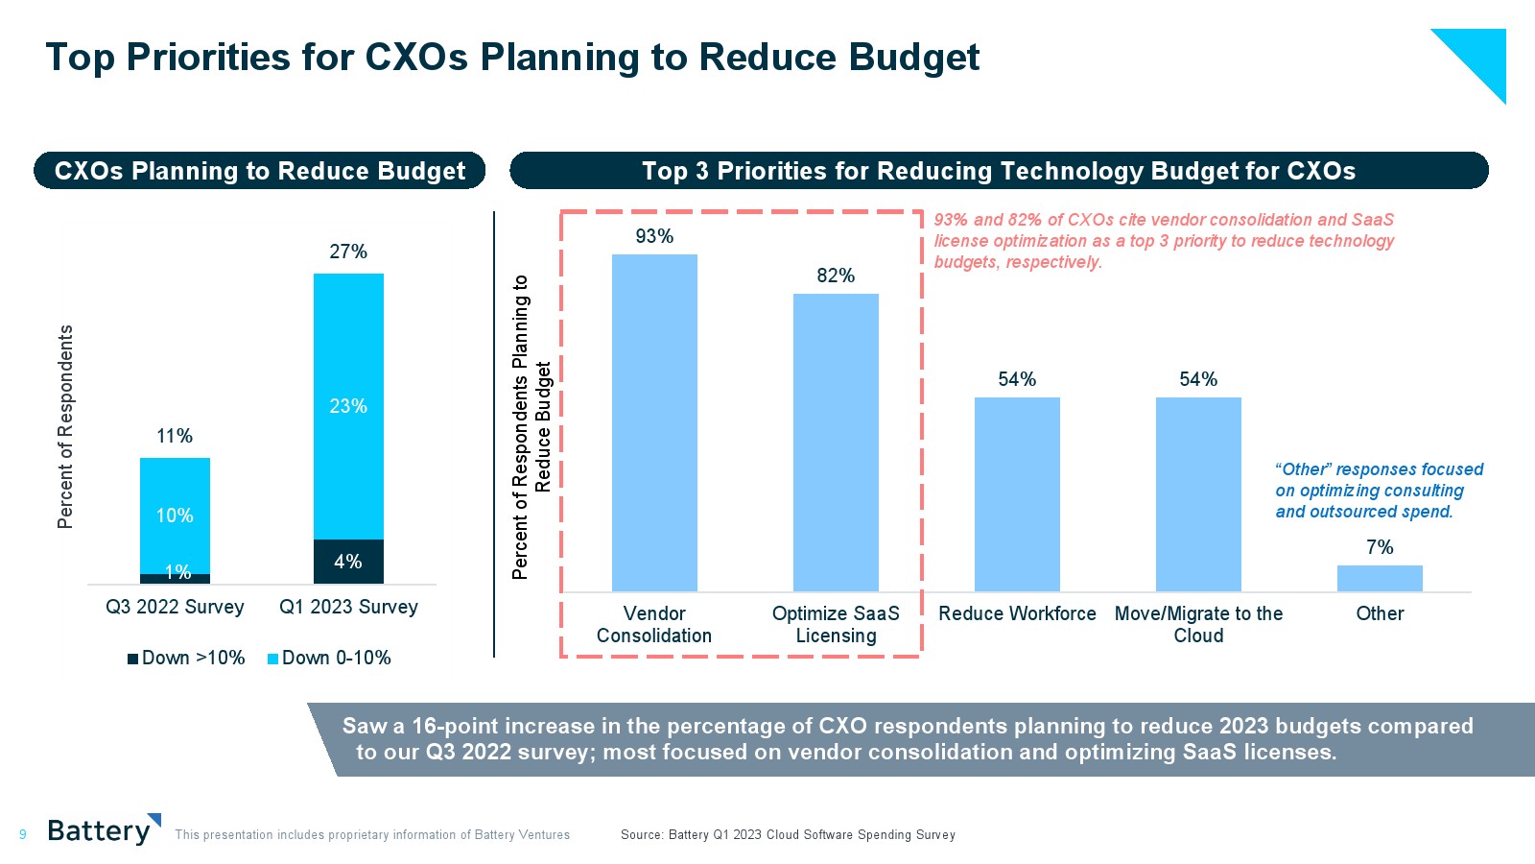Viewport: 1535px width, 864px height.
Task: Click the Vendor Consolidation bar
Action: tap(654, 422)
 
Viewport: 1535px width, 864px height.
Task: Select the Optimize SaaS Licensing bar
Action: tap(836, 442)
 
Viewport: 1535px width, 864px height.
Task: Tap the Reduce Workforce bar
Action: tap(1017, 493)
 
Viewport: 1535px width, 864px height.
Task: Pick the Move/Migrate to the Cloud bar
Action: tap(1198, 493)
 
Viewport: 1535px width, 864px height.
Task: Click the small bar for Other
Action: tap(1380, 578)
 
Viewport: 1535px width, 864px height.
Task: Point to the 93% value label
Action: tap(654, 236)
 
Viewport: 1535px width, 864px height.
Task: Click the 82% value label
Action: tap(836, 276)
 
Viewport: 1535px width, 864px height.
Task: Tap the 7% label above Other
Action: tap(1380, 547)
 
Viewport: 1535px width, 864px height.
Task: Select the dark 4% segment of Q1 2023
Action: tap(348, 562)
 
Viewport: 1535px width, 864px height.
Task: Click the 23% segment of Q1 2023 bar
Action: tap(348, 406)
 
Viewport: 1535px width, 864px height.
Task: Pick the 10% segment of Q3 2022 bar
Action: tap(175, 515)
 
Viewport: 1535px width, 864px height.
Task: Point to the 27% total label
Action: tap(348, 252)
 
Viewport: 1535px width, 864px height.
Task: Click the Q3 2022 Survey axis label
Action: tap(175, 607)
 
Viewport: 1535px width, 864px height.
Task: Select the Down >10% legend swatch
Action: tap(133, 659)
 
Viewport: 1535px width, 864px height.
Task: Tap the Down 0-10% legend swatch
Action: tap(272, 659)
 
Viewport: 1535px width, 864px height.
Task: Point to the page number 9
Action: tap(23, 835)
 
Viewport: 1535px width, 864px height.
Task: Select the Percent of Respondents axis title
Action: tap(65, 426)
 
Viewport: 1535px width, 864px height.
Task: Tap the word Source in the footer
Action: tap(641, 835)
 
